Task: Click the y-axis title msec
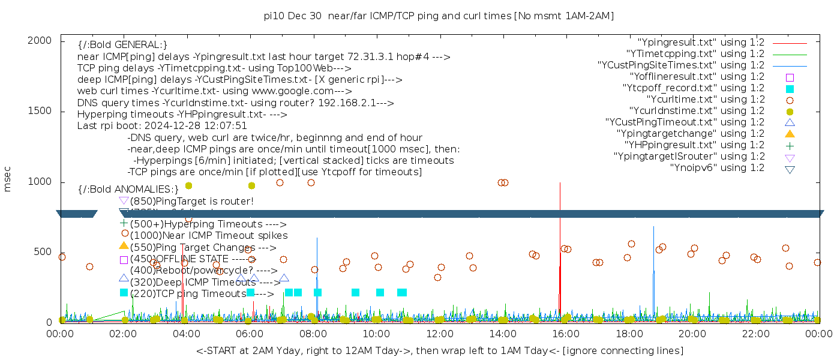point(8,179)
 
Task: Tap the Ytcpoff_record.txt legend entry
point(694,88)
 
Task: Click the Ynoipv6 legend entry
point(717,168)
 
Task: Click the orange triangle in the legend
point(790,134)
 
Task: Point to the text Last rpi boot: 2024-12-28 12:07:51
point(162,126)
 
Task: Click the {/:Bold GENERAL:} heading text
point(122,45)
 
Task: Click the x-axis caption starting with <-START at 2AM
point(439,350)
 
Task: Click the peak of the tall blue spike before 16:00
point(560,182)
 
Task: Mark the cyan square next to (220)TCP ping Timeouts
point(124,293)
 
